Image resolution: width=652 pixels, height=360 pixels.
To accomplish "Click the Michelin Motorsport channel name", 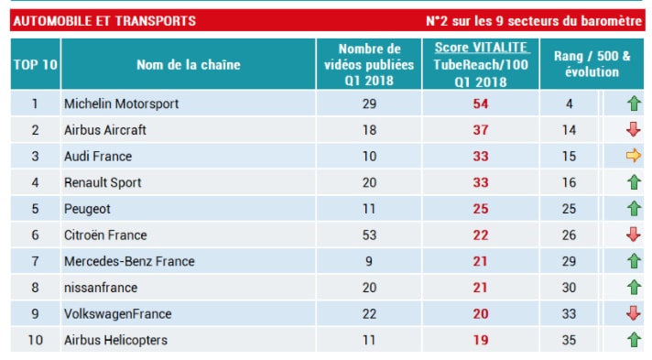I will [x=121, y=104].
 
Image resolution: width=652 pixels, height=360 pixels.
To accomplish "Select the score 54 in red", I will [x=481, y=104].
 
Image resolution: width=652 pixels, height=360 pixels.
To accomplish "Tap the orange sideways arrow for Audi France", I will [x=633, y=157].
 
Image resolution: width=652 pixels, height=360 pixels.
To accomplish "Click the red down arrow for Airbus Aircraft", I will [x=633, y=130].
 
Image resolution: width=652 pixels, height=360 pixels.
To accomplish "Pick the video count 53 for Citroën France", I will [x=369, y=235].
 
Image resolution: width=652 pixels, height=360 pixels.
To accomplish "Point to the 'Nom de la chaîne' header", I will [x=188, y=65].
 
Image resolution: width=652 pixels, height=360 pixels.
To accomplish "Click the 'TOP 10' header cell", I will [x=35, y=65].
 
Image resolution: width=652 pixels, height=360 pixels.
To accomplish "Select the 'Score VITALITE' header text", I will [x=481, y=48].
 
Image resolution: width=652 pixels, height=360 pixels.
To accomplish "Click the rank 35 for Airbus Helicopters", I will [x=570, y=341].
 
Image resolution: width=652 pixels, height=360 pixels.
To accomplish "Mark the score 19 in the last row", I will [x=481, y=341].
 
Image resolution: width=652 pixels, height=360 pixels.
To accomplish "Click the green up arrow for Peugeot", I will [x=633, y=209].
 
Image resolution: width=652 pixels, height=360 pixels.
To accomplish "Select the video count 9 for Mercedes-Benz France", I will [x=369, y=261].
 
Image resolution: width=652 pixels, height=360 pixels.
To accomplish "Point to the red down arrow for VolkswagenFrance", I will [x=633, y=314].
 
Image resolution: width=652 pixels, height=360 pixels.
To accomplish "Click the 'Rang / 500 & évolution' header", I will [x=592, y=64].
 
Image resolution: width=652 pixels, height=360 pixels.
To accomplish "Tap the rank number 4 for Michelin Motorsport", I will [x=570, y=104].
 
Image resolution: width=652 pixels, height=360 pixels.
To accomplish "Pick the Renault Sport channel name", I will [x=103, y=182].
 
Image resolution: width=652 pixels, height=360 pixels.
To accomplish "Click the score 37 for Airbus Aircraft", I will [x=481, y=130].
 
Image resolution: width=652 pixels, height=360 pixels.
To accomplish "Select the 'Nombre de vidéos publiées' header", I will [x=369, y=64].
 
